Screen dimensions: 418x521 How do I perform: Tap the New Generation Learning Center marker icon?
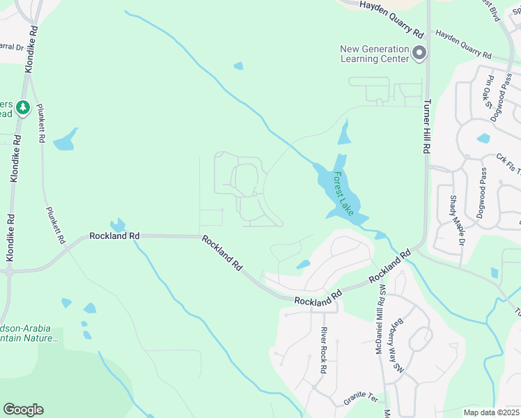pyautogui.click(x=419, y=53)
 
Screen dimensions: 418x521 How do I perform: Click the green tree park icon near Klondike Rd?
pyautogui.click(x=23, y=108)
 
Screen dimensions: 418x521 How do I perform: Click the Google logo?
pyautogui.click(x=23, y=410)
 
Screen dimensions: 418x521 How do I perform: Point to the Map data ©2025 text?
pyautogui.click(x=492, y=412)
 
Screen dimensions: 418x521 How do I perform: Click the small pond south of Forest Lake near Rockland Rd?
pyautogui.click(x=303, y=265)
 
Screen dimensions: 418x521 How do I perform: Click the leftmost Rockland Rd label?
pyautogui.click(x=114, y=236)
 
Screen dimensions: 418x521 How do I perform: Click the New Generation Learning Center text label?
pyautogui.click(x=374, y=54)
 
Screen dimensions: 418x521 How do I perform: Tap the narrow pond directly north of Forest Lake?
pyautogui.click(x=344, y=132)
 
